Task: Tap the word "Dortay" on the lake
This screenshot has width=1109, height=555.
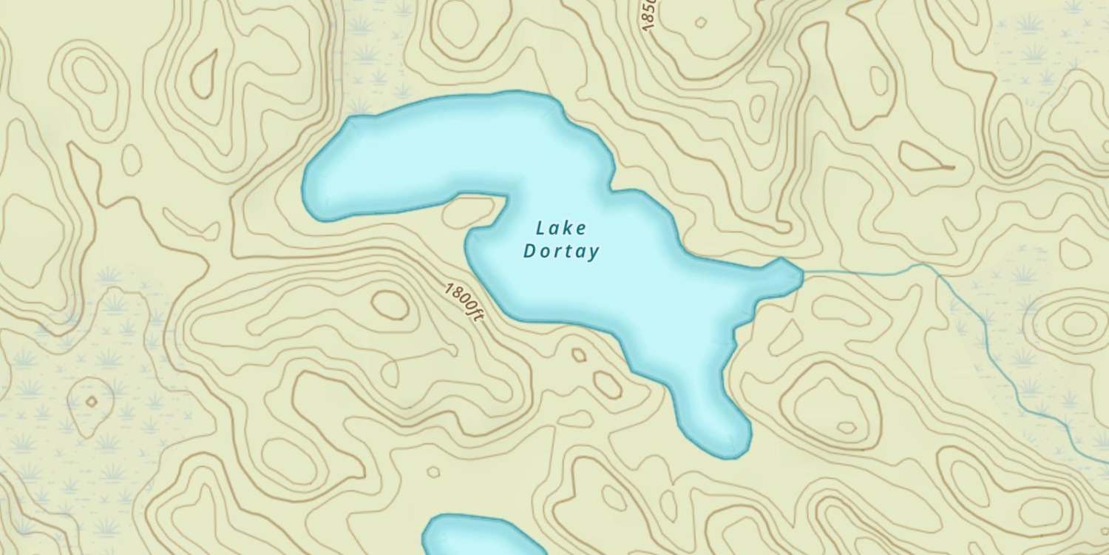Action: tap(560, 252)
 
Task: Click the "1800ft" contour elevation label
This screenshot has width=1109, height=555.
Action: tap(464, 300)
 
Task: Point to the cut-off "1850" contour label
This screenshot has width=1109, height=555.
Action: tap(649, 15)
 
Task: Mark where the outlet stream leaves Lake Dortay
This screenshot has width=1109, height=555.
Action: tap(803, 275)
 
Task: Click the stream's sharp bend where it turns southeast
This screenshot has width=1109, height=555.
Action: tap(937, 268)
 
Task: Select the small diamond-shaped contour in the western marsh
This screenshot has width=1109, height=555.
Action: tap(91, 402)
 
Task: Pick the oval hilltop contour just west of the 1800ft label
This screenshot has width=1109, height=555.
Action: tap(390, 304)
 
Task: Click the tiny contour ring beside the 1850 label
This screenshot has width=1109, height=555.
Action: tap(699, 22)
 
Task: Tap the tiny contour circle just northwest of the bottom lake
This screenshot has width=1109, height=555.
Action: tap(433, 472)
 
